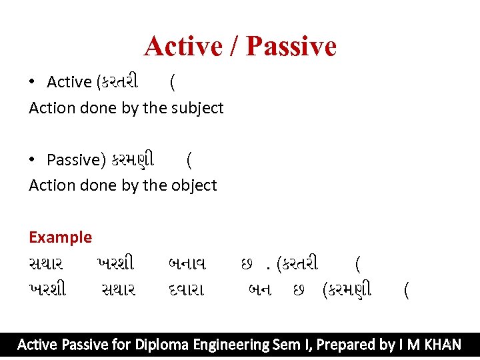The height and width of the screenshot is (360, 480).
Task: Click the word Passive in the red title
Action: coord(291,47)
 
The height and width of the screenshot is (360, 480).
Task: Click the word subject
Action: coord(198,108)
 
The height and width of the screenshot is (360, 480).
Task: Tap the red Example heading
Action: coord(60,237)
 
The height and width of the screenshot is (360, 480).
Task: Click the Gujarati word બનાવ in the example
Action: coord(187,264)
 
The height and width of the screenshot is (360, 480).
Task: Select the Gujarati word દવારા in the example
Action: coord(187,290)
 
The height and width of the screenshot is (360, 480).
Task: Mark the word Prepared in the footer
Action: coord(346,345)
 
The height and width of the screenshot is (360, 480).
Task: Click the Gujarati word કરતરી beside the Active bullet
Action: coord(118,82)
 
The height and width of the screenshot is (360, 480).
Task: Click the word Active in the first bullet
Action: coord(69,82)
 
